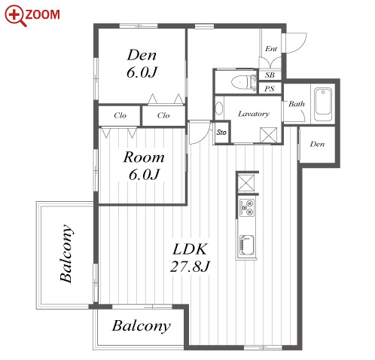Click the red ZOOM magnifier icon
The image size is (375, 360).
(x=15, y=16)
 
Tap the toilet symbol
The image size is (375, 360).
(x=242, y=82)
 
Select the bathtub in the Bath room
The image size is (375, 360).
(x=323, y=104)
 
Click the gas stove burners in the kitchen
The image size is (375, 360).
(x=247, y=208)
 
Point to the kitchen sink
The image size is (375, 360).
(x=247, y=245)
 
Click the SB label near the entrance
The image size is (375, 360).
(x=270, y=75)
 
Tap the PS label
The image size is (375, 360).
(x=270, y=89)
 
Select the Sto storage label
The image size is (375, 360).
(x=221, y=133)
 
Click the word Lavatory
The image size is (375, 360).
(x=254, y=114)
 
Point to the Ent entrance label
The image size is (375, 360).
(x=271, y=48)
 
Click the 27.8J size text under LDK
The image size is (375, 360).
(x=190, y=267)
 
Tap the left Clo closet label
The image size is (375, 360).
(x=120, y=115)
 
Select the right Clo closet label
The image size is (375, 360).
(x=163, y=115)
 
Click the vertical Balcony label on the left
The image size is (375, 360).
(x=66, y=254)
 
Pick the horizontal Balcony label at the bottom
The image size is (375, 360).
(x=141, y=326)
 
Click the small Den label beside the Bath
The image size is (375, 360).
(x=317, y=144)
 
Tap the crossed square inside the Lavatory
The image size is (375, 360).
(x=269, y=136)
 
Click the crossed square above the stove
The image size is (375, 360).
(x=246, y=183)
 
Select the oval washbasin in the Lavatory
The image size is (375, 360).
(x=219, y=108)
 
